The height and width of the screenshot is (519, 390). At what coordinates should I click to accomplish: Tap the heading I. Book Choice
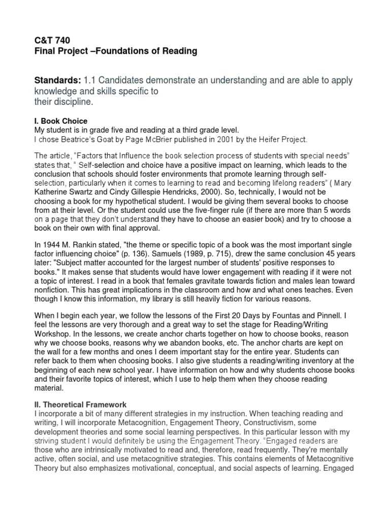click(x=60, y=121)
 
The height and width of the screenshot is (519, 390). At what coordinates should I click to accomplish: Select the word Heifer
click(x=270, y=138)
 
